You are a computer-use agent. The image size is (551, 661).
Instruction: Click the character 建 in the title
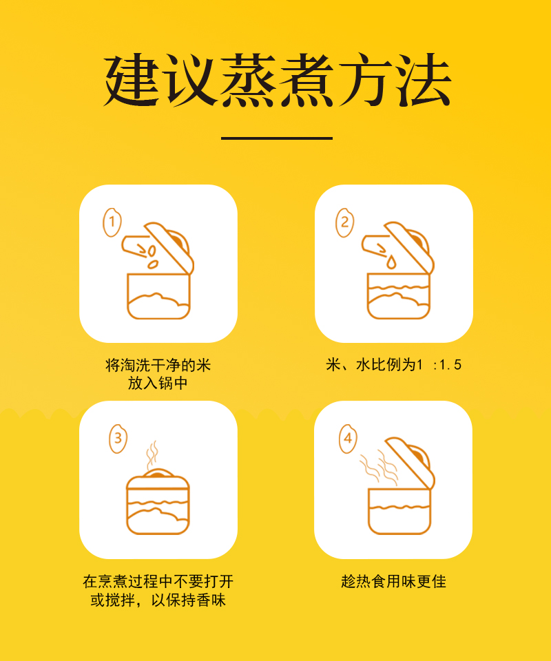132,79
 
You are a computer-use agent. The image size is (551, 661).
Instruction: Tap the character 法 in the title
424,79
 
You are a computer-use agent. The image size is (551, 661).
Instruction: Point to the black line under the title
277,138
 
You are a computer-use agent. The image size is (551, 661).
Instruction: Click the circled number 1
112,222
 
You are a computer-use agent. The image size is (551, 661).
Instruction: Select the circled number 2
345,222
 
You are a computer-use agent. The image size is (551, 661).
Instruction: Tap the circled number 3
118,439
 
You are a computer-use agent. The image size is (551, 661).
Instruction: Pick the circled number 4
348,439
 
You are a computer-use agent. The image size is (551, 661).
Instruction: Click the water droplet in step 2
392,262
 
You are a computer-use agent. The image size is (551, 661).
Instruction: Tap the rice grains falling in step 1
152,257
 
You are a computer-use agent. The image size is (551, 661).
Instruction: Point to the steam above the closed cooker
152,455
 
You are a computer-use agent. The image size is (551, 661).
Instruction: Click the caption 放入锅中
158,384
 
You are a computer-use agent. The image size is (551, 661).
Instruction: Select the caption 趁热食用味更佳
393,581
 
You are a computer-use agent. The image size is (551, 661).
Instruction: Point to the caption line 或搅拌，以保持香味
158,600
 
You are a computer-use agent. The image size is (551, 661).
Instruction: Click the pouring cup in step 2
375,246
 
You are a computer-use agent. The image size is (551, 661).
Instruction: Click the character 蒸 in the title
248,79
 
